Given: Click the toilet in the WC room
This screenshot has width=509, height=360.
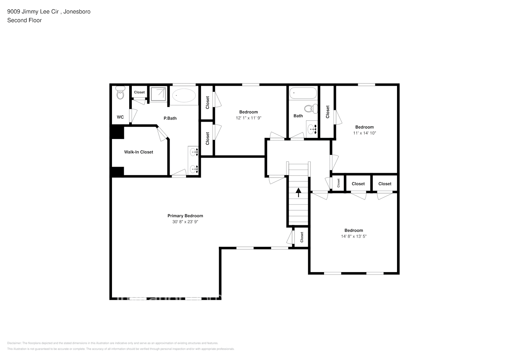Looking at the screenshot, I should click(120, 93).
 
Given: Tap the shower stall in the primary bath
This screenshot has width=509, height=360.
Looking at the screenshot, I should click(158, 94).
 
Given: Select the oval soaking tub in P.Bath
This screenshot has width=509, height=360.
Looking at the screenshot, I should click(184, 96).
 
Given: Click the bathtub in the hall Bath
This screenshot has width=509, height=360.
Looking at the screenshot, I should click(303, 94).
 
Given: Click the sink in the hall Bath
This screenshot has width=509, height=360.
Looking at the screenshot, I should click(312, 129).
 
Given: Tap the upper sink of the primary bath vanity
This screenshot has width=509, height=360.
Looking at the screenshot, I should click(194, 152).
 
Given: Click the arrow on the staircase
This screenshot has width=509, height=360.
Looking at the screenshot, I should click(298, 192).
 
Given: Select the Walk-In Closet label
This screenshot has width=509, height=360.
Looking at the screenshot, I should click(139, 152).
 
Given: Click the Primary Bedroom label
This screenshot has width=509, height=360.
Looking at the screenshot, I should click(185, 216).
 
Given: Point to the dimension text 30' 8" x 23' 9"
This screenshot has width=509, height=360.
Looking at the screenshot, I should click(185, 222).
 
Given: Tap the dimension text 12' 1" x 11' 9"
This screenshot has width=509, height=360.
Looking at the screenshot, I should click(248, 118).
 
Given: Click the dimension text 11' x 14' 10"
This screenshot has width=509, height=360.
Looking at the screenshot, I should click(364, 133).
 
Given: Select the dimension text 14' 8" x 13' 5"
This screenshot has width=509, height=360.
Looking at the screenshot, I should click(353, 237).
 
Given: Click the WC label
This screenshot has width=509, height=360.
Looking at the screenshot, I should click(120, 117).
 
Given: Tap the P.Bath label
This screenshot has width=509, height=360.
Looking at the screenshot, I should click(170, 118).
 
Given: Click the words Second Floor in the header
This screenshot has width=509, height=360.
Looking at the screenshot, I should click(24, 21).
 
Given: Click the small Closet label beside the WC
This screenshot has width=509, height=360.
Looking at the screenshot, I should click(139, 93).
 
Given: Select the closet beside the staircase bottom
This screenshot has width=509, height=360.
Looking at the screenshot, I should click(302, 237).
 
